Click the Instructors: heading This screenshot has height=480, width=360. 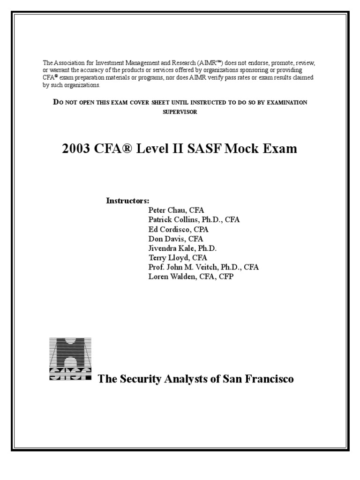(127, 201)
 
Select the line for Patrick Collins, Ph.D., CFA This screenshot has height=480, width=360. (194, 219)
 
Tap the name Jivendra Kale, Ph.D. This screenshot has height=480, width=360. (182, 248)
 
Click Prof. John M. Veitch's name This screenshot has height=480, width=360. (203, 267)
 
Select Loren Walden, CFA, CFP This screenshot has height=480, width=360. (190, 277)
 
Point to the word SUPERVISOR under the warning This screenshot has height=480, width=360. (180, 112)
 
